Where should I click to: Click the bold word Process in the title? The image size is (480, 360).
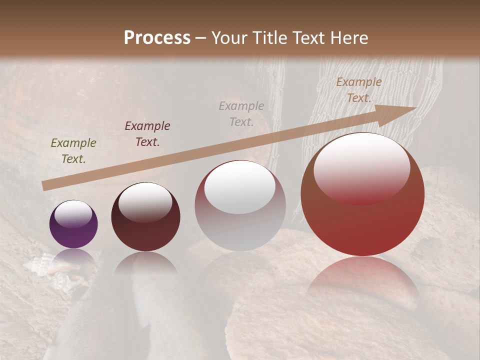tap(157, 38)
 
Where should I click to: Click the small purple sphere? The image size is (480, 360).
tap(73, 224)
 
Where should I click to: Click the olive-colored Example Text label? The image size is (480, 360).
tap(73, 151)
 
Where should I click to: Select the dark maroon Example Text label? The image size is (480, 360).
tap(147, 134)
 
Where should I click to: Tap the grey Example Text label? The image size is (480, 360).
tap(241, 113)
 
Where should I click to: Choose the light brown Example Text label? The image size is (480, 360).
tap(358, 90)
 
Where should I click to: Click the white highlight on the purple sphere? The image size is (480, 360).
tap(73, 214)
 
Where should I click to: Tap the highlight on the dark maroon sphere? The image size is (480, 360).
tap(145, 202)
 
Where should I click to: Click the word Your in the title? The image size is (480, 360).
tap(226, 38)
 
